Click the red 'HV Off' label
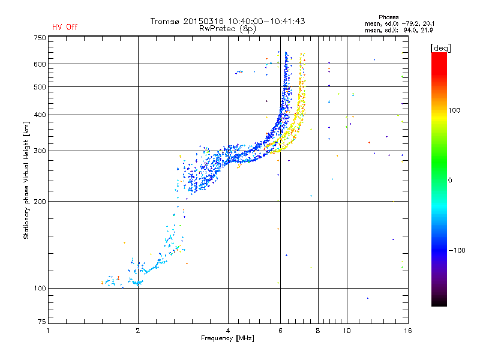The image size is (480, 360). click(65, 27)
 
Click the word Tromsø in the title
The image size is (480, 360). click(166, 21)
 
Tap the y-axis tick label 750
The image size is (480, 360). click(40, 38)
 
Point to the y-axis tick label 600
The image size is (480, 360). click(40, 64)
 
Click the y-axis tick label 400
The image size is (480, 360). click(40, 115)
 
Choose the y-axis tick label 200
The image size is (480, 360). click(40, 202)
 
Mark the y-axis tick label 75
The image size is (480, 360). click(42, 324)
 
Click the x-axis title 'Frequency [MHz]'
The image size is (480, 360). click(227, 339)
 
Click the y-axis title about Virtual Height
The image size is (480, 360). click(26, 180)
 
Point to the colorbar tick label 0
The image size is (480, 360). click(449, 180)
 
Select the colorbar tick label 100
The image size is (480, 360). click(454, 110)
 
